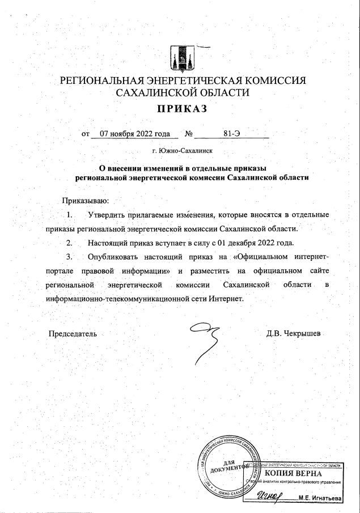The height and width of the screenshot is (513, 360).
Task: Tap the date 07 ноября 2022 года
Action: coord(134,134)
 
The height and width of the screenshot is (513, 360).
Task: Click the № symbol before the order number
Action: coord(189,134)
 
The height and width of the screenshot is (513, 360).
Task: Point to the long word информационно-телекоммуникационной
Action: coord(120,298)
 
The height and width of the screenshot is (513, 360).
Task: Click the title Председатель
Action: coord(73,334)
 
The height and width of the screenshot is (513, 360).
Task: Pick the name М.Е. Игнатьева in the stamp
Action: coord(321,499)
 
